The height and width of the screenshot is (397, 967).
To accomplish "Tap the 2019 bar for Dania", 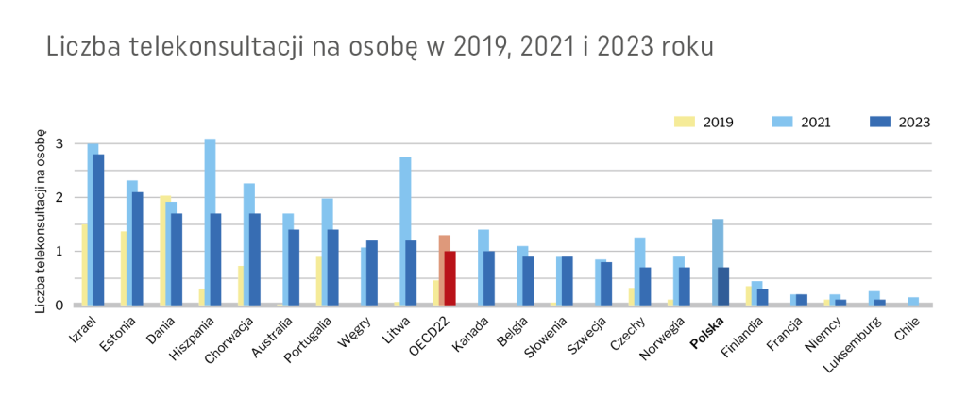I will [x=164, y=250].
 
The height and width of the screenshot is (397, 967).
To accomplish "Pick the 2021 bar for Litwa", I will [x=405, y=230].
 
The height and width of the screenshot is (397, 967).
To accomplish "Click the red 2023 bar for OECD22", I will [x=450, y=277].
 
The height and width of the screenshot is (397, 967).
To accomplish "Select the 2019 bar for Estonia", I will [x=124, y=268].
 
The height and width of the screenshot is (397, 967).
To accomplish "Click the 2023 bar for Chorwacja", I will [x=255, y=258].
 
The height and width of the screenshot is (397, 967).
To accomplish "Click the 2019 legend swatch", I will [x=684, y=122].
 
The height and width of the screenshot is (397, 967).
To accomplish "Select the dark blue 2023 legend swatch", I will [x=879, y=122].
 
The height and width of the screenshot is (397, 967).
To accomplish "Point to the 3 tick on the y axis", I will [x=59, y=144].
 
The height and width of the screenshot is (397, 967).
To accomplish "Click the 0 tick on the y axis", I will [x=59, y=305].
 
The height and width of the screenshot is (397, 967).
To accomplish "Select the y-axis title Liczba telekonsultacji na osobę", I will [x=42, y=223].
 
